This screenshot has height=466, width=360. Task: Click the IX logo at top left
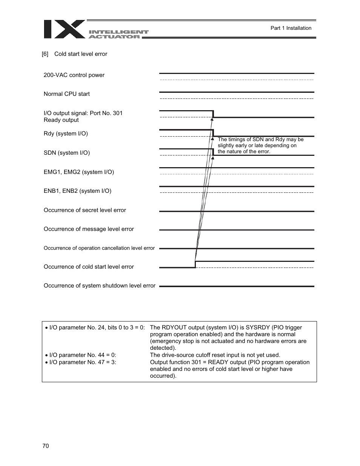click(x=64, y=29)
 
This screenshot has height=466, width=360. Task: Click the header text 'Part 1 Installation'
click(x=291, y=28)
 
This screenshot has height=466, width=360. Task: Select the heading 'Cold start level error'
click(x=81, y=54)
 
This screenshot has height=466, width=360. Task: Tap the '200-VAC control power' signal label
click(x=74, y=75)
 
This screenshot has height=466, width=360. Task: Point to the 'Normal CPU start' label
click(x=67, y=94)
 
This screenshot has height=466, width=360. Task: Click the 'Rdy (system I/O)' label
click(x=66, y=134)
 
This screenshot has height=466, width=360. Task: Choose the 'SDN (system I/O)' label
click(x=67, y=153)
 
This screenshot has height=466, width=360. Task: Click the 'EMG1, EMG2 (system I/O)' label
click(x=79, y=172)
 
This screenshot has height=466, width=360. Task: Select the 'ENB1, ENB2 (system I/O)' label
click(x=77, y=191)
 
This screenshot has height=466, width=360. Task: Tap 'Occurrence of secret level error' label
click(x=85, y=210)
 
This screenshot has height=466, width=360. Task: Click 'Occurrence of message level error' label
click(x=89, y=229)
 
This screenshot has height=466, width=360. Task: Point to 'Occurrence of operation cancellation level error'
click(x=99, y=248)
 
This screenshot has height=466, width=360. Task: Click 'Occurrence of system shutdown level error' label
click(x=100, y=286)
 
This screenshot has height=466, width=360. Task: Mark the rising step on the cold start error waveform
click(x=195, y=264)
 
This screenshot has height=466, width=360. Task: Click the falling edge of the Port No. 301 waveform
click(x=213, y=114)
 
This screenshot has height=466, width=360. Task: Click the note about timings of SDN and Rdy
click(x=260, y=145)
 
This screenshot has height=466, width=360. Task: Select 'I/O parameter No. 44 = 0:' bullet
click(x=83, y=355)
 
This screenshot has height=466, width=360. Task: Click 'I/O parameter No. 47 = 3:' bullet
click(x=83, y=362)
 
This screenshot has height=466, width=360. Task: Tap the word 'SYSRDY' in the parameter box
click(x=258, y=328)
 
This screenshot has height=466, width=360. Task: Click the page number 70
click(x=46, y=446)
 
